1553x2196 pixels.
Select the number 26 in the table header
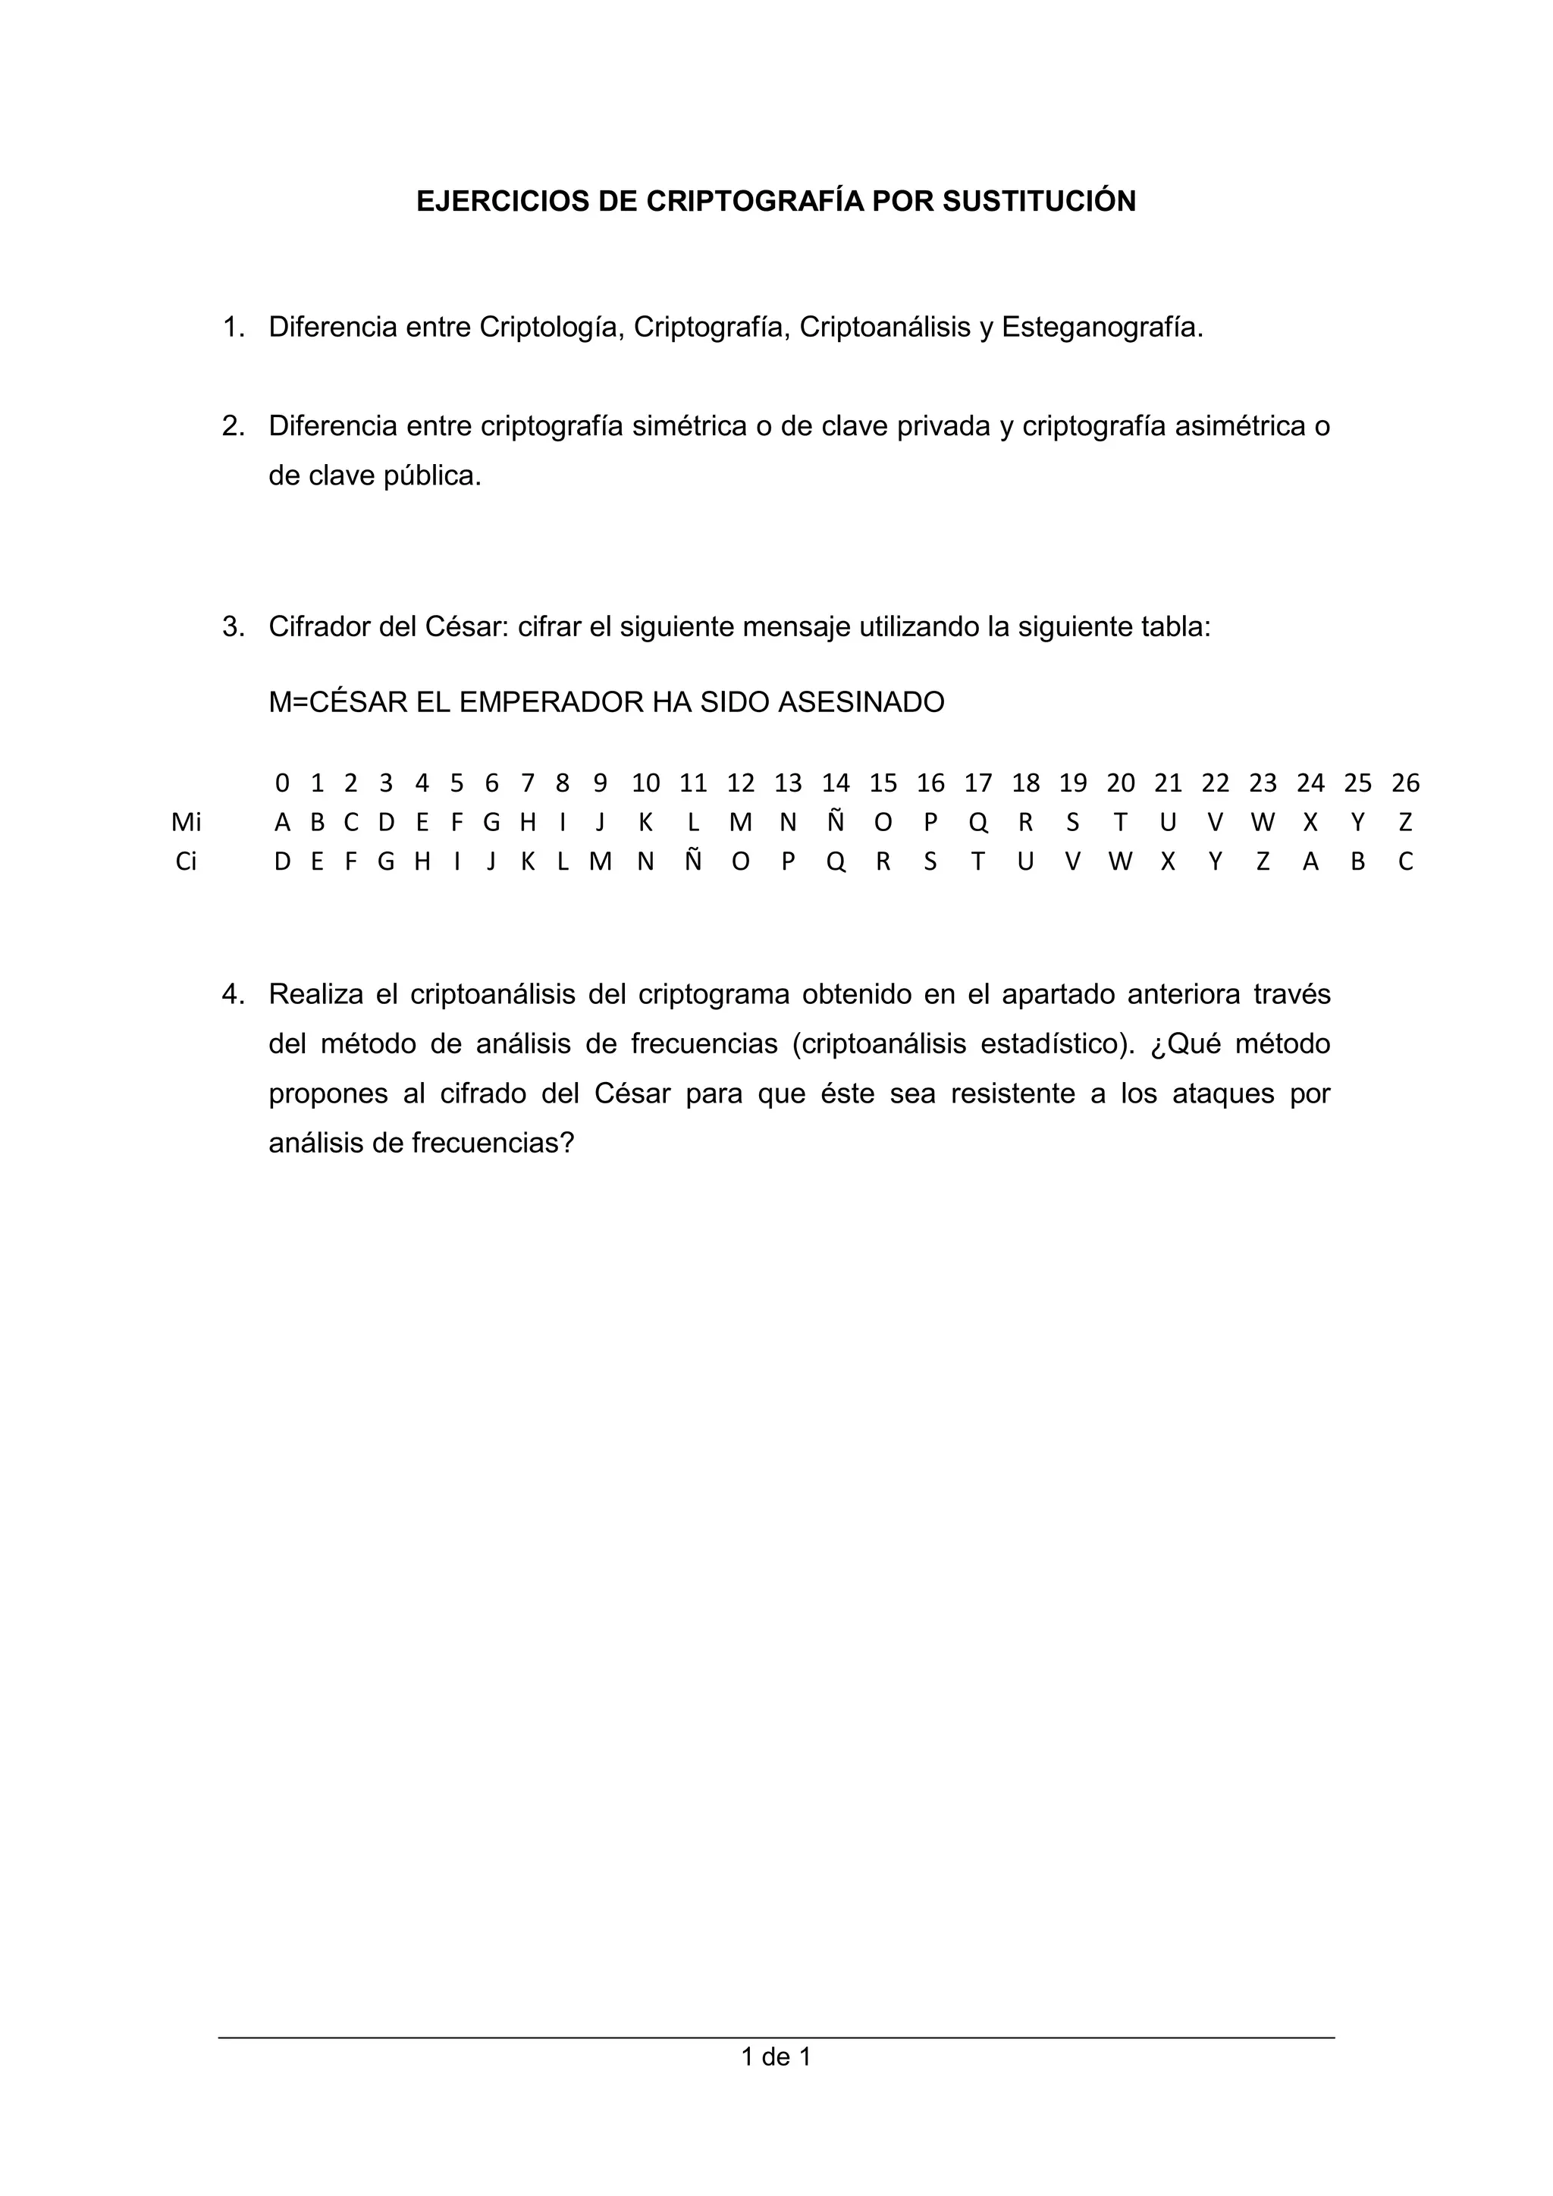coord(1405,783)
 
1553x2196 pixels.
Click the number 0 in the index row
coord(282,783)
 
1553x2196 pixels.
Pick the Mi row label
coord(186,823)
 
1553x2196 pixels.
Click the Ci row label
coord(186,861)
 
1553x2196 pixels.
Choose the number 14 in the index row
coord(835,783)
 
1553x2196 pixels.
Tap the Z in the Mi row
coord(1405,823)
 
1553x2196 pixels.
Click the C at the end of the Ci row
coord(1405,861)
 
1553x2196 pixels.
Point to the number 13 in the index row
coord(787,783)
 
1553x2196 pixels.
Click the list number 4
coord(232,995)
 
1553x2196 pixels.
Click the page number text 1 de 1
coord(776,2056)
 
